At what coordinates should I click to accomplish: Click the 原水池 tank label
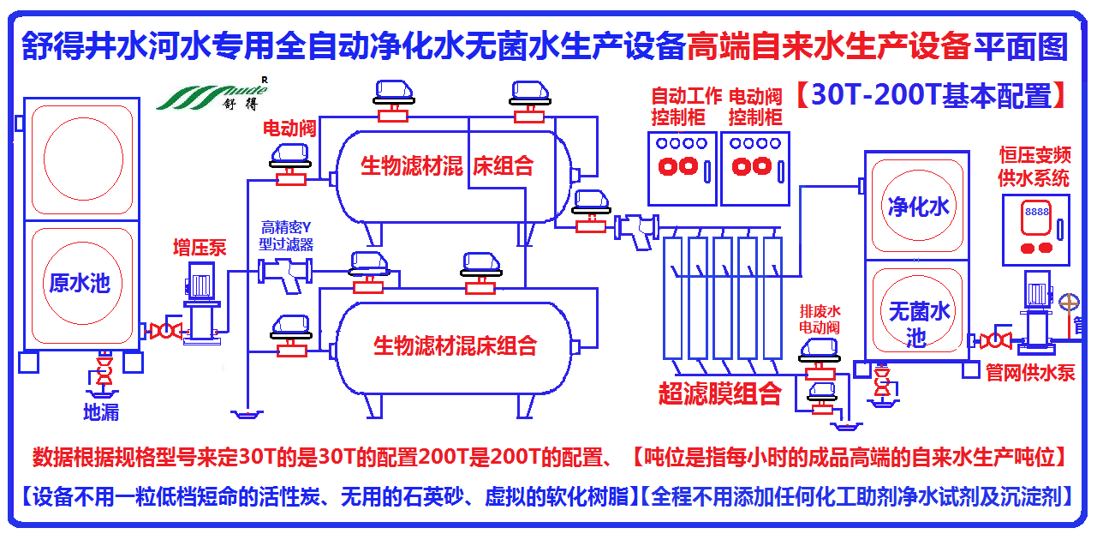tap(80, 283)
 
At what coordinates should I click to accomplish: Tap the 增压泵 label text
tap(200, 249)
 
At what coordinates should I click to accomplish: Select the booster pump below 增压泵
tap(203, 300)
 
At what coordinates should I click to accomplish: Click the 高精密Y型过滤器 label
tap(287, 236)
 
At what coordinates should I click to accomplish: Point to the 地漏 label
tap(100, 412)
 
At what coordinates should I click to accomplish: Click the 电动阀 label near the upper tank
tap(289, 129)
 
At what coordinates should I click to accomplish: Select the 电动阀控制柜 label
tap(755, 106)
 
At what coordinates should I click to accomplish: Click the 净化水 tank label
tap(919, 207)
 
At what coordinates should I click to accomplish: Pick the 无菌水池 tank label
tap(919, 323)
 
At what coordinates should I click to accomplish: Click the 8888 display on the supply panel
tap(1037, 211)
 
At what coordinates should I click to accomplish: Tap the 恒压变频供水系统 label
tap(1034, 167)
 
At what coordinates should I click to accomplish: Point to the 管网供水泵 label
tap(1029, 373)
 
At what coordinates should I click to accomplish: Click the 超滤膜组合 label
tap(719, 393)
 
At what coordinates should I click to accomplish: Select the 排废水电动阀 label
tap(820, 318)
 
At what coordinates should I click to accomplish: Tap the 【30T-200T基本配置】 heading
tap(930, 95)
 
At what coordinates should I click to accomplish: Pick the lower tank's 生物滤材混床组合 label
tap(455, 345)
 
